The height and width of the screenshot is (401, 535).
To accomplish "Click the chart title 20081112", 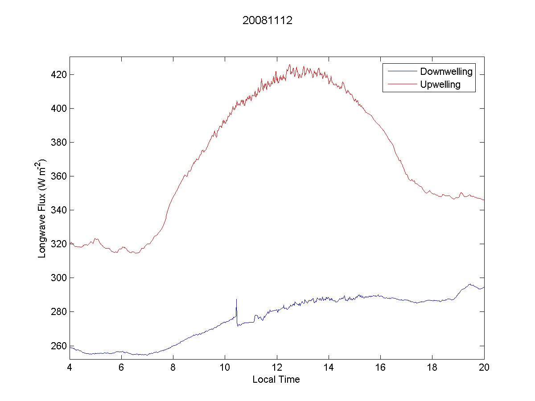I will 267,21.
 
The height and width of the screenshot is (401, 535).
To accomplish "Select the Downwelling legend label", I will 446,72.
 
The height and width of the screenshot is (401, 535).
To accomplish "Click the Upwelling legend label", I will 440,85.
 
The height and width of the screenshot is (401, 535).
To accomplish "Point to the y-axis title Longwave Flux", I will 43,208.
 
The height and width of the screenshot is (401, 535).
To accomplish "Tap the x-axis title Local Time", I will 276,380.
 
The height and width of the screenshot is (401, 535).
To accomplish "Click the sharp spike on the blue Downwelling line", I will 236,300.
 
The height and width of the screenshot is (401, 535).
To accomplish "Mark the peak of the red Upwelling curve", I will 290,65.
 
